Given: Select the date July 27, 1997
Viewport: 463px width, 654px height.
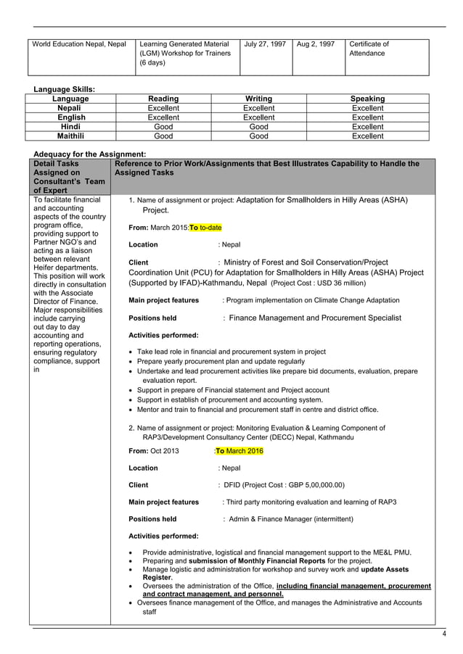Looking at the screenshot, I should (264, 44).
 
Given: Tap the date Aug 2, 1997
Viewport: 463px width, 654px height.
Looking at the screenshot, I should (316, 44).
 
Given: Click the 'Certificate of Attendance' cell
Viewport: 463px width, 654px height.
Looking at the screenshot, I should (369, 49).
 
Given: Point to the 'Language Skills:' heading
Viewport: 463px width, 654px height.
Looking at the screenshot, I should (65, 89).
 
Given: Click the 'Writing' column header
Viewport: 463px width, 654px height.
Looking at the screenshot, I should (258, 99).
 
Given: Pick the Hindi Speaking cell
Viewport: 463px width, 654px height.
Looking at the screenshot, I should (367, 126).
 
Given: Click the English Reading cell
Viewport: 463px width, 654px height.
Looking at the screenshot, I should (163, 117).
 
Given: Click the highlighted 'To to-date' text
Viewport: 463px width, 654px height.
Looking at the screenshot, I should (205, 227).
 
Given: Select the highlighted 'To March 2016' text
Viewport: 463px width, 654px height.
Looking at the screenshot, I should (239, 451).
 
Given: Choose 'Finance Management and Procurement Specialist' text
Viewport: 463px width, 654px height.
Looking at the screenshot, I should (315, 318).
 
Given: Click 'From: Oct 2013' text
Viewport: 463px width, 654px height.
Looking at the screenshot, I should (153, 451).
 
